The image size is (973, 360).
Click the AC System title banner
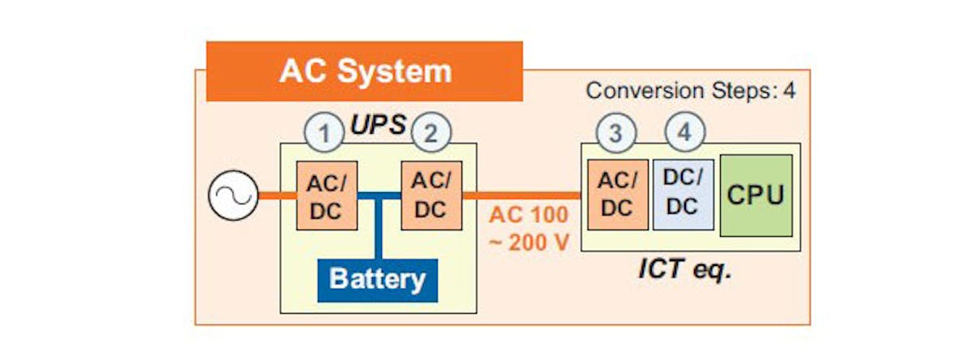click(364, 71)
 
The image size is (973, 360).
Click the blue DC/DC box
click(683, 195)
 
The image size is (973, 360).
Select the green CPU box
click(756, 195)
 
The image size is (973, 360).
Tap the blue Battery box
click(377, 280)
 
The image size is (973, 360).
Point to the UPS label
click(378, 126)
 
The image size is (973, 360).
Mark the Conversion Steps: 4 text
click(690, 90)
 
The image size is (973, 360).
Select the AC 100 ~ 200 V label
click(529, 229)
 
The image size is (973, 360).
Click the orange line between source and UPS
click(276, 195)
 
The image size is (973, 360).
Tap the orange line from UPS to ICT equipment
click(523, 195)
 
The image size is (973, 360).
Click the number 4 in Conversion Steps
click(788, 90)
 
